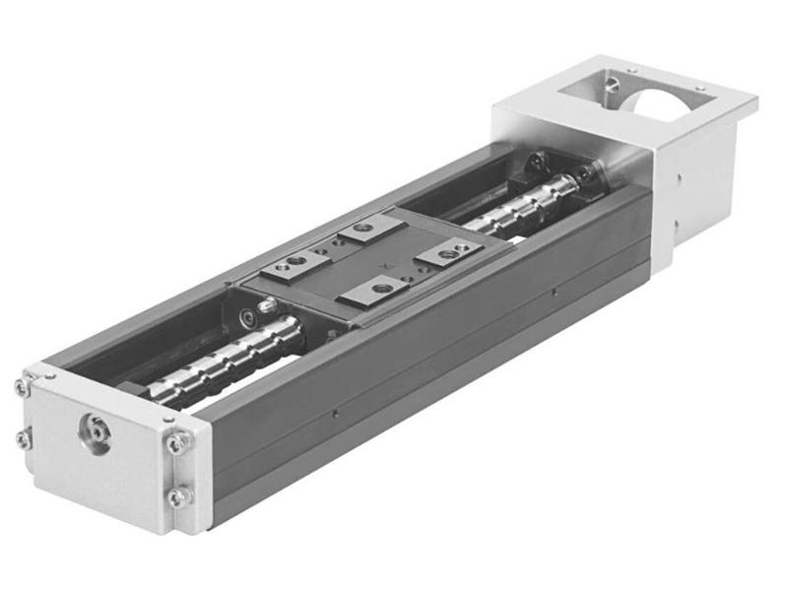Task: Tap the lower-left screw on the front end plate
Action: tap(24, 439)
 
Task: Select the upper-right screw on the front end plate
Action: tap(178, 444)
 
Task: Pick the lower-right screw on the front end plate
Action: tap(178, 496)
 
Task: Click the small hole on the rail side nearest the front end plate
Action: tap(335, 415)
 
